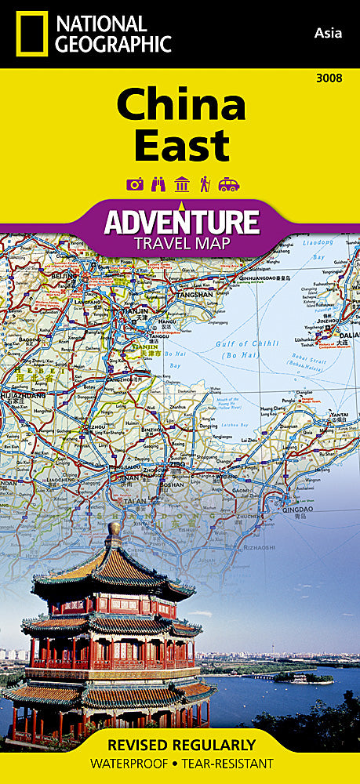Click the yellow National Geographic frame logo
[x=30, y=34]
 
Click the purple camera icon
[x=135, y=184]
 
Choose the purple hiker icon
[x=204, y=184]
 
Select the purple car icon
[x=228, y=184]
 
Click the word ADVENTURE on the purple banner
[x=181, y=222]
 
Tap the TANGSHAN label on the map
[x=195, y=294]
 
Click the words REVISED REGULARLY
[x=180, y=744]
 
